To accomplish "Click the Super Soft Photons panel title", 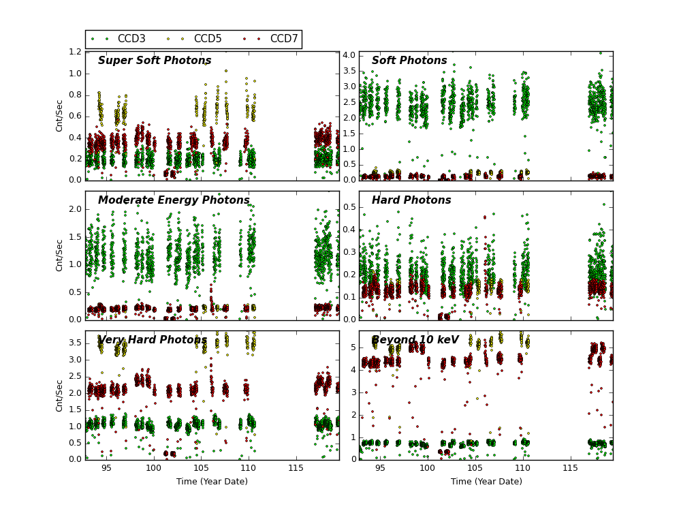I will point(155,61).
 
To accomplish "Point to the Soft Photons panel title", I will point(409,61).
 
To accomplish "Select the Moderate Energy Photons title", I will point(174,200).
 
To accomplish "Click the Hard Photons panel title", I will point(411,200).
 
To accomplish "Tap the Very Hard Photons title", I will point(153,340).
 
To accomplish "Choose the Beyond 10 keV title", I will point(415,340).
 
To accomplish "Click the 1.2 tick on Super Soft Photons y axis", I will point(74,52).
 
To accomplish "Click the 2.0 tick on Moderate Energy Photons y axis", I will point(74,209).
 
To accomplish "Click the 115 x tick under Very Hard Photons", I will point(296,469).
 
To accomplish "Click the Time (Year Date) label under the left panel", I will point(212,482).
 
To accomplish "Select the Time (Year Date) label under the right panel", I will point(486,482).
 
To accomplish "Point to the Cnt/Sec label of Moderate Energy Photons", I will point(60,255).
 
